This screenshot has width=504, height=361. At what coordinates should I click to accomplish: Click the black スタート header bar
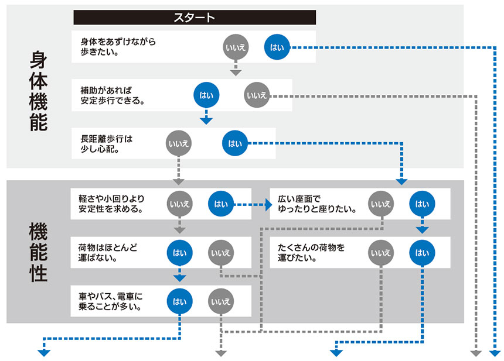coord(195,18)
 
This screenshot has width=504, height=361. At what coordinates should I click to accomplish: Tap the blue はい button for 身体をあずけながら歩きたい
coord(277,47)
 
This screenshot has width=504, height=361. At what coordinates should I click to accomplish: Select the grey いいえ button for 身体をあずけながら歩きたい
coord(235,47)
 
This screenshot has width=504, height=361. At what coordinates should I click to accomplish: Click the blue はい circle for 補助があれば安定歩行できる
coord(206,95)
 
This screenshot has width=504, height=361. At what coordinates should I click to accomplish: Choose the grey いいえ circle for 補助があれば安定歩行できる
coord(256,95)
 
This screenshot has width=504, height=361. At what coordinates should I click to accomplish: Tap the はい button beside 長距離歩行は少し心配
coord(235,143)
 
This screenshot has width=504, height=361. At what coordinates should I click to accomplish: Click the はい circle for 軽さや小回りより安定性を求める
coord(221,204)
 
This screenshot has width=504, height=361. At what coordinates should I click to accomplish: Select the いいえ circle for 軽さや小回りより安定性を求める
coord(179,204)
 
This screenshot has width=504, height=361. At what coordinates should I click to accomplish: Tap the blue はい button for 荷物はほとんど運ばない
coord(180,253)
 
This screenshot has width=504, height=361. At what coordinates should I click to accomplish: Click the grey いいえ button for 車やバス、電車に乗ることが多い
coord(221,301)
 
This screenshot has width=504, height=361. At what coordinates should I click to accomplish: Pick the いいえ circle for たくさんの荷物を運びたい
coord(381,253)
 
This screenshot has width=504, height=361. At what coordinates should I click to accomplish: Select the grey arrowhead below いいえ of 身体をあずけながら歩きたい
coord(235,72)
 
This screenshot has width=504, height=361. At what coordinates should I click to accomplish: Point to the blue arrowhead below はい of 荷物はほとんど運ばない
coord(180,277)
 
